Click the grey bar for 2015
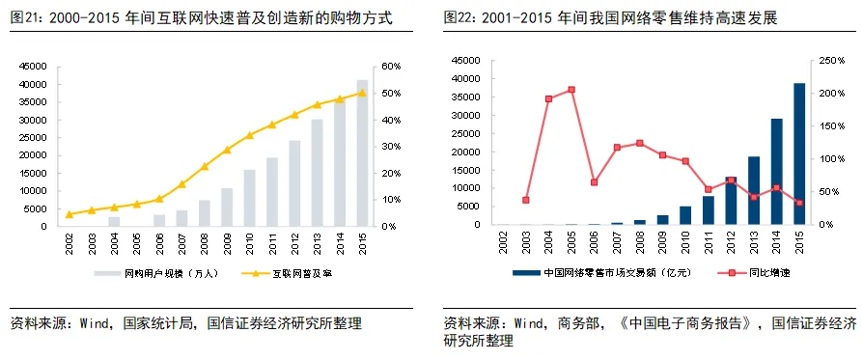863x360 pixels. [x=362, y=153]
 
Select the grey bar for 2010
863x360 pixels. [x=249, y=198]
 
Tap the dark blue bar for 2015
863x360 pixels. [x=799, y=154]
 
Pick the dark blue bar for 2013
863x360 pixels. [x=754, y=190]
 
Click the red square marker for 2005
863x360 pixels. [x=571, y=90]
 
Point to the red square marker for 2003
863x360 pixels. [x=525, y=200]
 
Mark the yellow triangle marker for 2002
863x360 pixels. [x=70, y=214]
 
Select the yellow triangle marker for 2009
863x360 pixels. [x=227, y=150]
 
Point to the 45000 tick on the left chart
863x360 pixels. [x=34, y=67]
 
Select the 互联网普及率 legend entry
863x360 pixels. [x=291, y=273]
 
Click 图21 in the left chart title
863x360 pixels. [x=26, y=18]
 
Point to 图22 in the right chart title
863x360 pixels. [x=459, y=18]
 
